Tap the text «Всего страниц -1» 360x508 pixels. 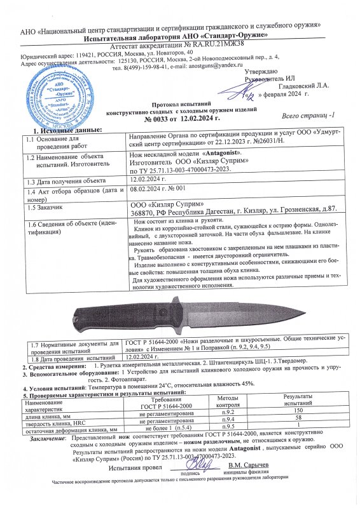point(308,116)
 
